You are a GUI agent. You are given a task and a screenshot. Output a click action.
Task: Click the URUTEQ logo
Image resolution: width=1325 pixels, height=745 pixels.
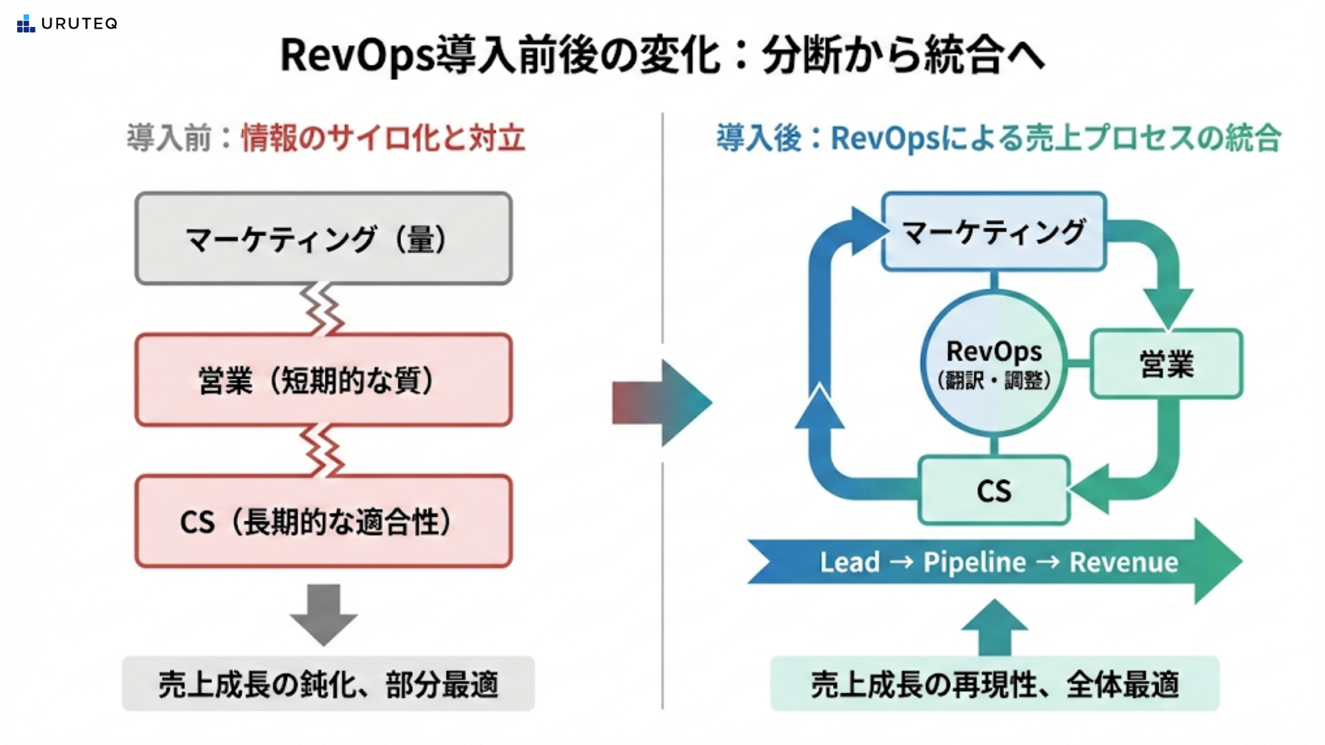pyautogui.click(x=67, y=24)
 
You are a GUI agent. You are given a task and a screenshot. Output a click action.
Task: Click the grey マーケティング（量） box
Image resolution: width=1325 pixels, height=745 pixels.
pyautogui.click(x=324, y=239)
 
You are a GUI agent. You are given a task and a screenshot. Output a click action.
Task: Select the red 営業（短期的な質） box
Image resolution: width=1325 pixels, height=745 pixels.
pyautogui.click(x=324, y=380)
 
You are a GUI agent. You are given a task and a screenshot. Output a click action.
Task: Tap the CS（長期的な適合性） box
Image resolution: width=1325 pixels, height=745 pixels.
pyautogui.click(x=324, y=521)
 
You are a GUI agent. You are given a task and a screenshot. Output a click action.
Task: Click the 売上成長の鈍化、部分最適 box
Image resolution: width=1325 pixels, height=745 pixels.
pyautogui.click(x=328, y=684)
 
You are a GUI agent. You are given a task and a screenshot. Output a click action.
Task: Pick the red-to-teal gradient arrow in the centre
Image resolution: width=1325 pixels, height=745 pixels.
pyautogui.click(x=661, y=402)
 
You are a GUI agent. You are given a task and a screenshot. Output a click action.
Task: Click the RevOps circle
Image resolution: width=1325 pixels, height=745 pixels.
pyautogui.click(x=994, y=364)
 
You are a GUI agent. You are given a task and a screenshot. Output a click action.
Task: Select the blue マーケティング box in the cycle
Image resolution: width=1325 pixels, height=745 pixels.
pyautogui.click(x=994, y=232)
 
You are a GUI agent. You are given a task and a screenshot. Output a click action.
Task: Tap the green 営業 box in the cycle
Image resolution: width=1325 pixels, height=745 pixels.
pyautogui.click(x=1166, y=364)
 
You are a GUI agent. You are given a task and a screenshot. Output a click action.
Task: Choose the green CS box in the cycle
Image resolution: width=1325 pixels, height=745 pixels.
pyautogui.click(x=994, y=490)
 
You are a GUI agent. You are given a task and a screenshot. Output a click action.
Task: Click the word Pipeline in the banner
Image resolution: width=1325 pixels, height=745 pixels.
pyautogui.click(x=974, y=562)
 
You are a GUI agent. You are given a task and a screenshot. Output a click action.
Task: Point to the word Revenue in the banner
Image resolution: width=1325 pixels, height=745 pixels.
pyautogui.click(x=1123, y=562)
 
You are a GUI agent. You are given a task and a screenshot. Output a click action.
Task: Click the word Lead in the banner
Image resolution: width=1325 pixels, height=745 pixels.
pyautogui.click(x=850, y=562)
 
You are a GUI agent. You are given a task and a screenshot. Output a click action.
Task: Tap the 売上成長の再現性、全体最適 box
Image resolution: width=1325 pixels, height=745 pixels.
pyautogui.click(x=994, y=684)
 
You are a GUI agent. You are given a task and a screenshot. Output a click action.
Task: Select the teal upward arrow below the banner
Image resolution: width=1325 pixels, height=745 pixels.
pyautogui.click(x=994, y=628)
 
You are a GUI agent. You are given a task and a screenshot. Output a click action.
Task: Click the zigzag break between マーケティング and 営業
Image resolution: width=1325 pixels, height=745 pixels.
pyautogui.click(x=322, y=309)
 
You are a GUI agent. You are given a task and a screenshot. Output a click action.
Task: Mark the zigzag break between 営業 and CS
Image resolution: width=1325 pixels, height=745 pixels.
pyautogui.click(x=322, y=450)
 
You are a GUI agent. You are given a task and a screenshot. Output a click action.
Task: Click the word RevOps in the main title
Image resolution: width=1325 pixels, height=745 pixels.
pyautogui.click(x=357, y=55)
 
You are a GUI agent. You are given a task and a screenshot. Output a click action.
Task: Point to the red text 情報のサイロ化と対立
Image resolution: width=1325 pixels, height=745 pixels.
pyautogui.click(x=383, y=138)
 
